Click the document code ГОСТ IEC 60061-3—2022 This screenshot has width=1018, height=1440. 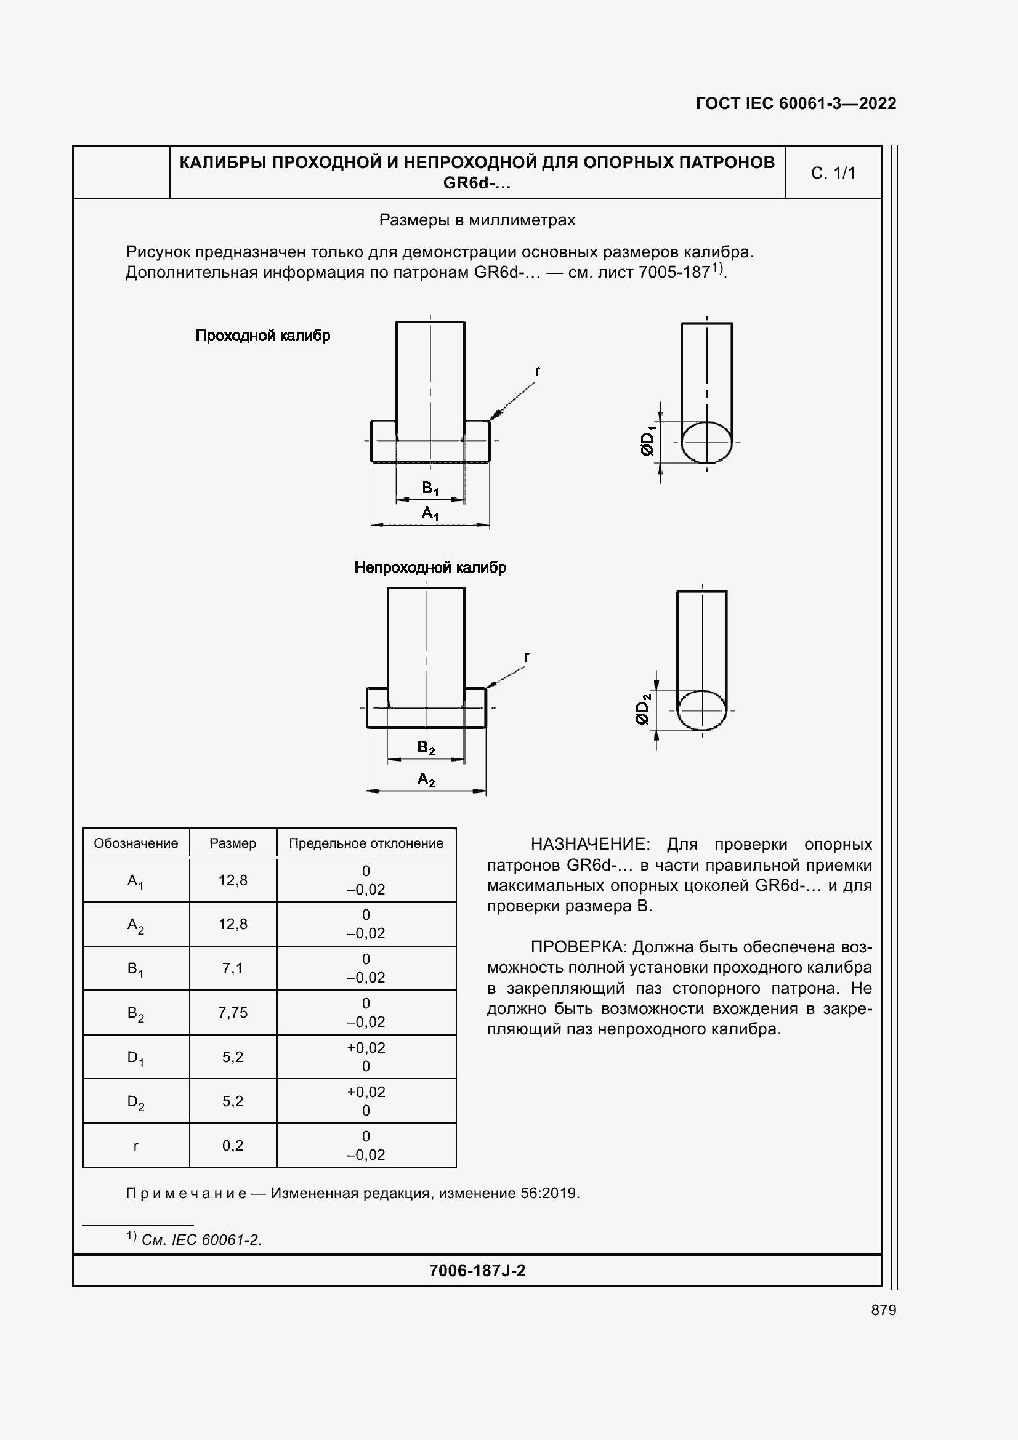(795, 103)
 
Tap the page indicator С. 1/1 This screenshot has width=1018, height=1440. (833, 173)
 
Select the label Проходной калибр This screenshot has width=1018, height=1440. (263, 336)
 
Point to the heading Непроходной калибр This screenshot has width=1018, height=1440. (430, 568)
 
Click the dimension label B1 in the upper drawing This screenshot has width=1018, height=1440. (430, 488)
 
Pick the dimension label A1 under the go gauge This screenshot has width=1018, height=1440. (430, 513)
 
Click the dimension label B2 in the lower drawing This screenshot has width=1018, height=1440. (426, 747)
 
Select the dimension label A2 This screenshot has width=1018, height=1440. (426, 779)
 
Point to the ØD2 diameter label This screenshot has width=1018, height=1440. (643, 709)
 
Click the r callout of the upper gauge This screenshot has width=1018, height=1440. (538, 371)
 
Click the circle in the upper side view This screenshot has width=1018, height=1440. (706, 442)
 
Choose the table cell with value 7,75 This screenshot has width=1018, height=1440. (233, 1012)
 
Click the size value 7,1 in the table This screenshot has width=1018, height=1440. (233, 968)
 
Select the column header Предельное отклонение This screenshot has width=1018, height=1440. (366, 843)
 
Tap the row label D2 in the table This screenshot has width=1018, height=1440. (135, 1102)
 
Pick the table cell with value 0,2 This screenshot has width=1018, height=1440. (233, 1146)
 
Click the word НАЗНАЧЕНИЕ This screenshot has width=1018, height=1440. (587, 844)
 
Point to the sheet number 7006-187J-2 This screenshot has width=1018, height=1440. (477, 1271)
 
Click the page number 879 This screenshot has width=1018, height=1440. (883, 1310)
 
